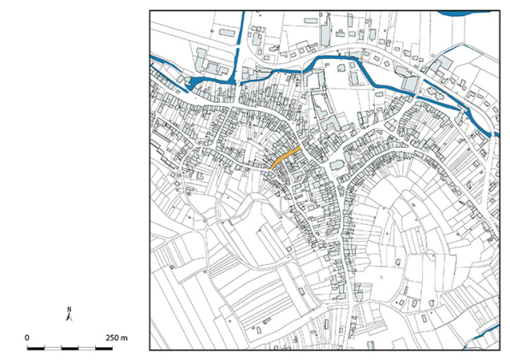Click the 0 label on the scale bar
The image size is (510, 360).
(x=27, y=339)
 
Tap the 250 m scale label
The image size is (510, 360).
(x=117, y=339)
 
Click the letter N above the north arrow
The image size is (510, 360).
(x=71, y=309)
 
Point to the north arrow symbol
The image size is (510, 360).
(x=71, y=317)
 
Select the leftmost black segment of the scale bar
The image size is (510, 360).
(x=36, y=349)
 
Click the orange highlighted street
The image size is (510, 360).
(x=284, y=156)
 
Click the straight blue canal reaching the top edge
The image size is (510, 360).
(x=245, y=30)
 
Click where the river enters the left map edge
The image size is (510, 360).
(x=152, y=57)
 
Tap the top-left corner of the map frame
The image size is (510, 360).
(x=150, y=11)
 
